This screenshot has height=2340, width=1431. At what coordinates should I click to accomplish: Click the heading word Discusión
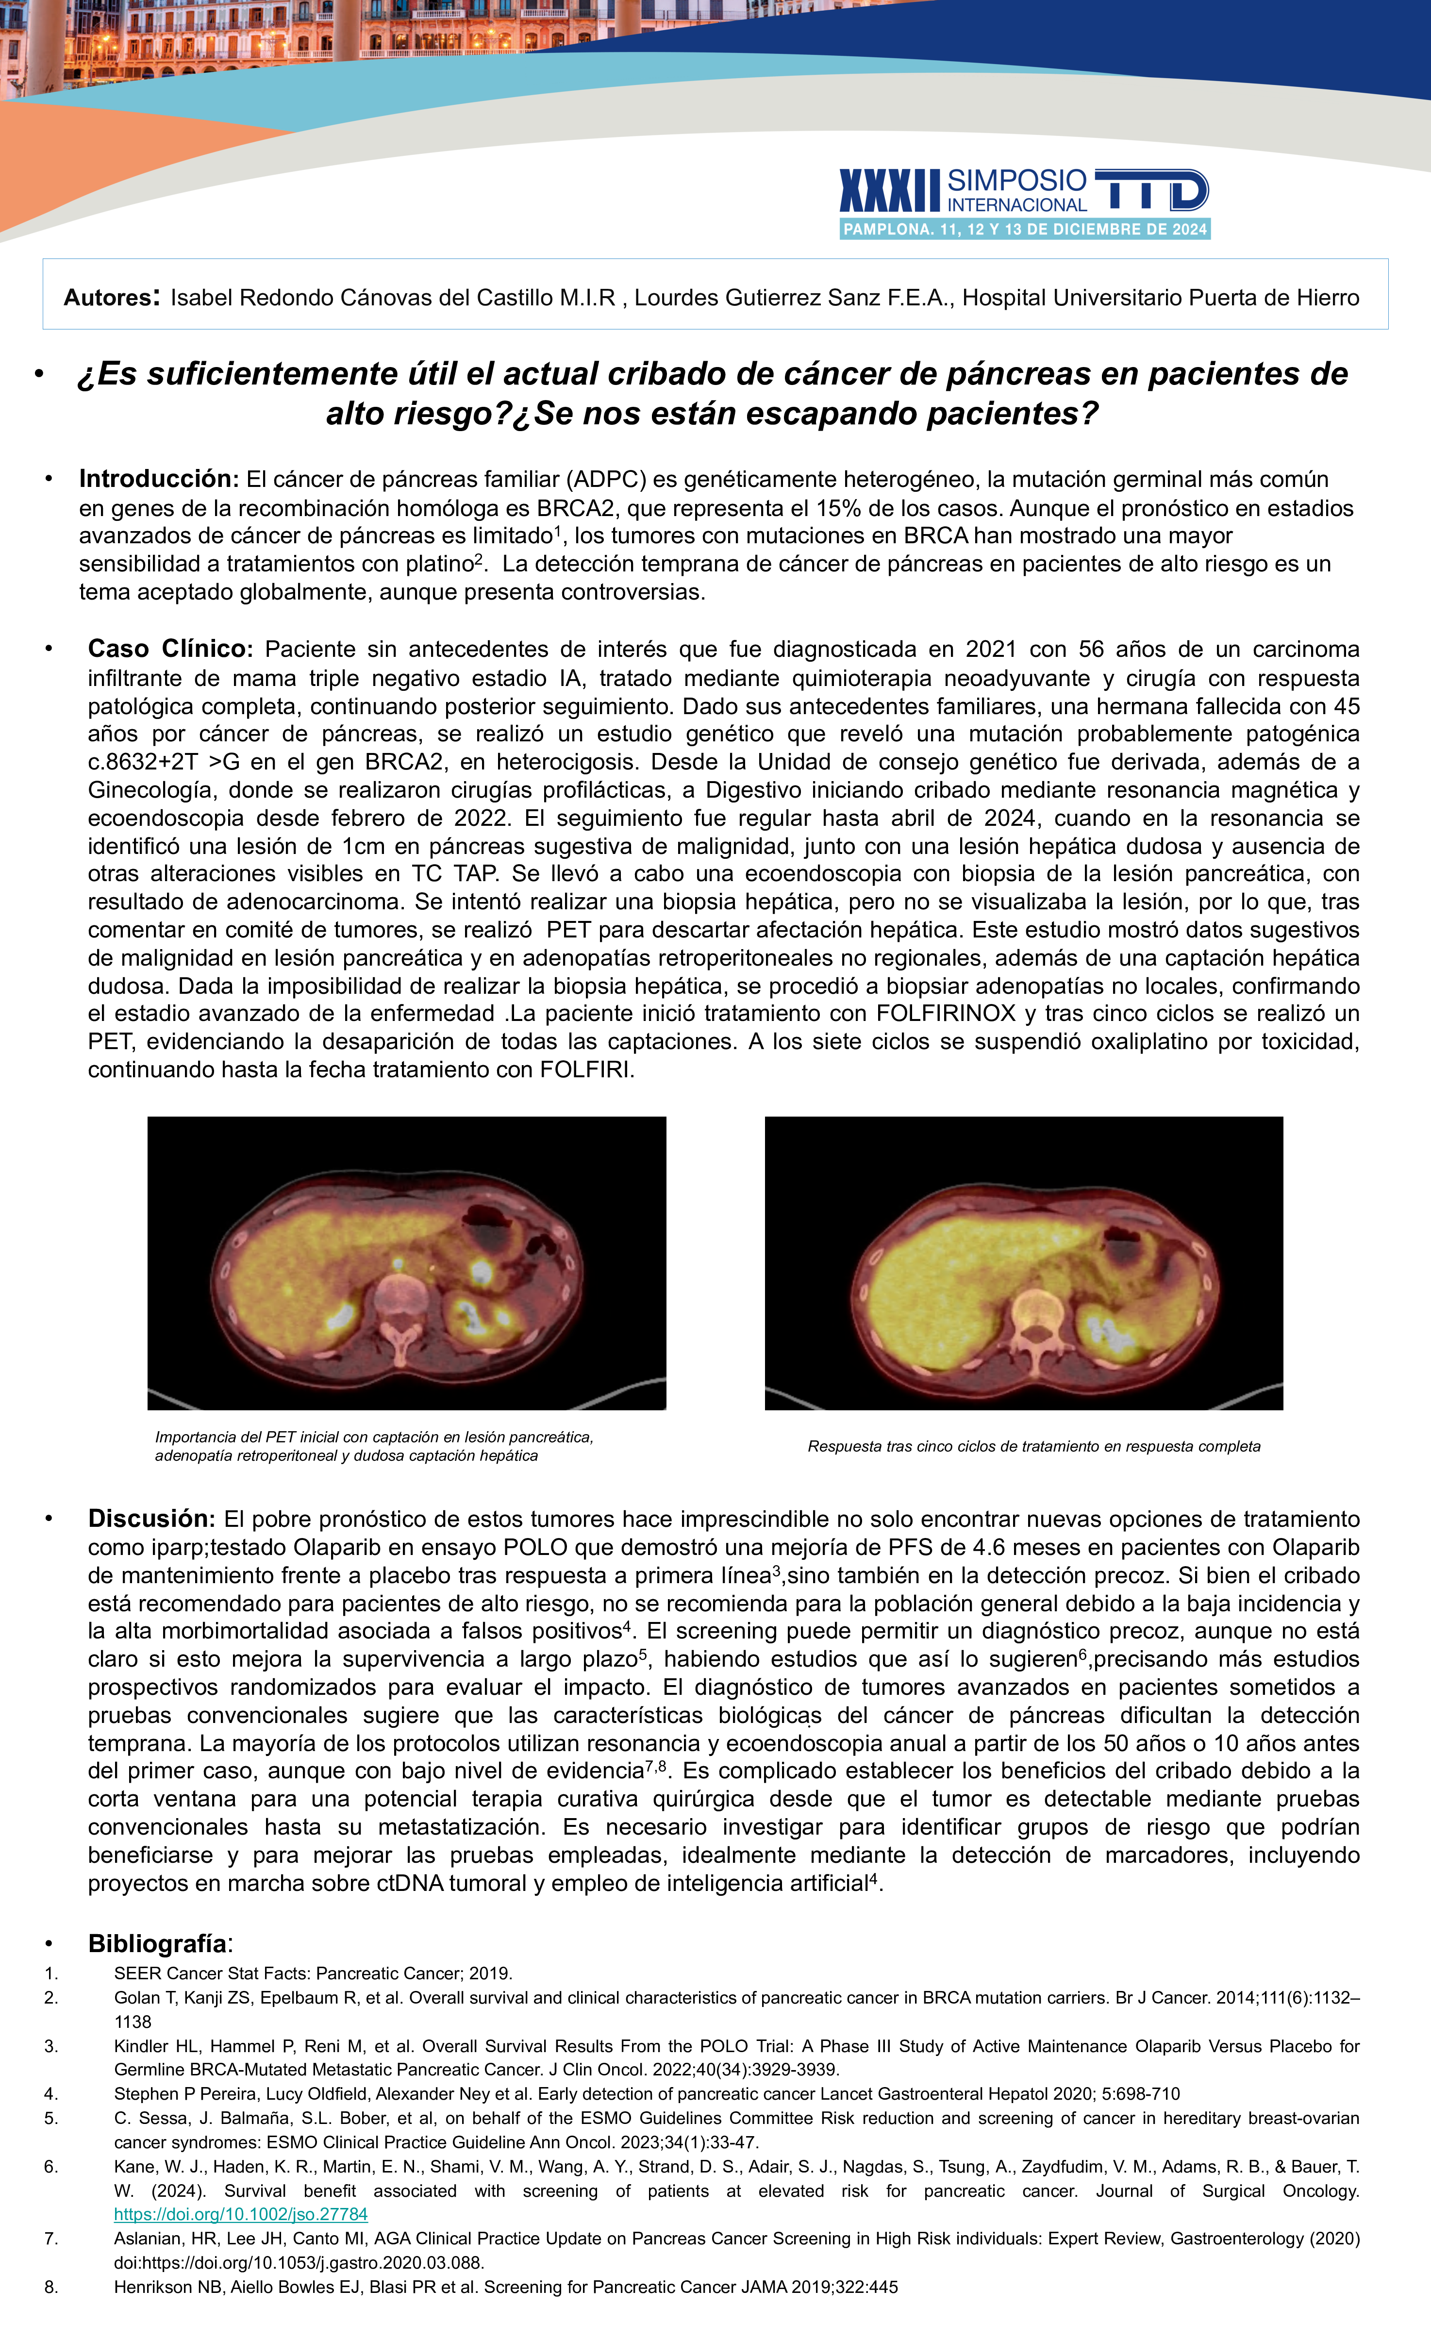click(x=152, y=1519)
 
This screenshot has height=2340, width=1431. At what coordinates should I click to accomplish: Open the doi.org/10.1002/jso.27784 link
click(x=240, y=2214)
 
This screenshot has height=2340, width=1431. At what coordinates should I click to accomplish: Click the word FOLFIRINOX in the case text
click(x=945, y=1013)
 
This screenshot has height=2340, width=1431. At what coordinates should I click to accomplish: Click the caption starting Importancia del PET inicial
click(x=374, y=1445)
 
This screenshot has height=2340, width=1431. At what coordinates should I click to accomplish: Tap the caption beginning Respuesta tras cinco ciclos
click(x=1033, y=1446)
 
